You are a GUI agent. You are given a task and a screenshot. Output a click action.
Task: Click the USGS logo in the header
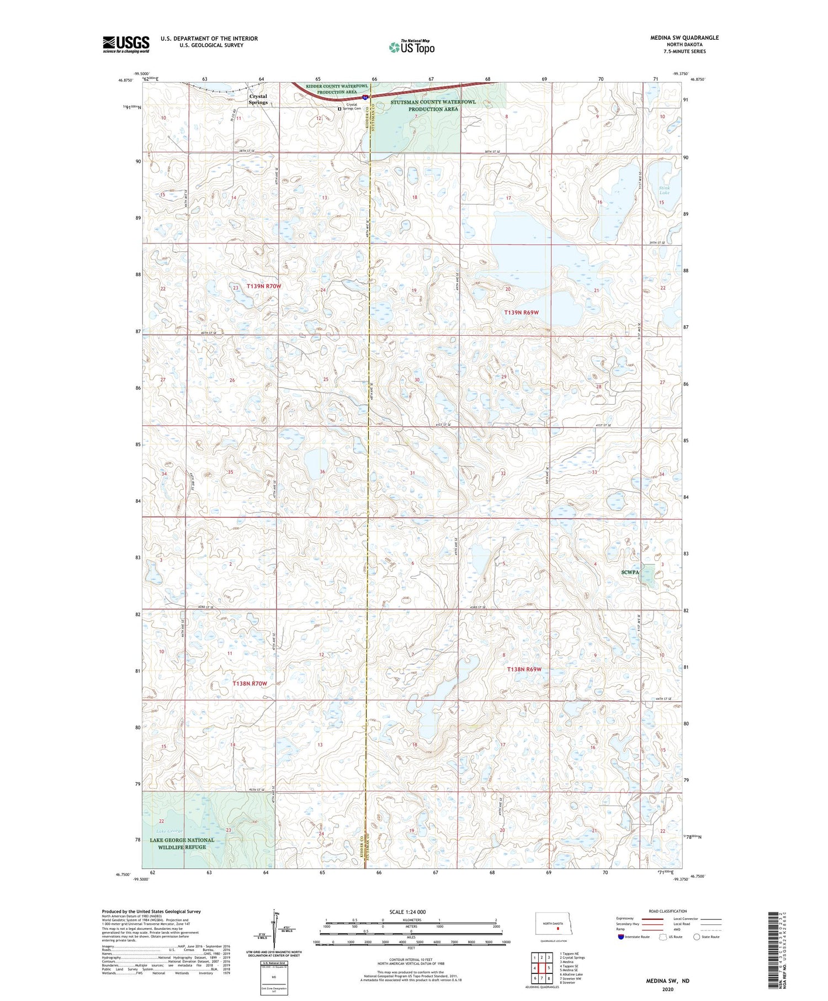126,44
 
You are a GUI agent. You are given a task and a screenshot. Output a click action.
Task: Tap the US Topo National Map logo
411,47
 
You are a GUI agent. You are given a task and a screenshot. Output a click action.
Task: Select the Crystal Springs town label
258,99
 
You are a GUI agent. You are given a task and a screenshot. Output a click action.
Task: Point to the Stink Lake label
664,190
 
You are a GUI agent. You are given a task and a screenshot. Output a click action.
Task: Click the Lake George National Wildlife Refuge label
182,843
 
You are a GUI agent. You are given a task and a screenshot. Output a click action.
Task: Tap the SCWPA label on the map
630,573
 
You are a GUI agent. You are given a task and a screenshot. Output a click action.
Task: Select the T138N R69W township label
524,669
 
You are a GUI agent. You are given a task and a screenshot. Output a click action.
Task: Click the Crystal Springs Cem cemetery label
352,107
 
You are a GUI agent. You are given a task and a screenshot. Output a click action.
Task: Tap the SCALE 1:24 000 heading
407,912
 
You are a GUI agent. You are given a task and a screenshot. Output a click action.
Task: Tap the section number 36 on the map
322,472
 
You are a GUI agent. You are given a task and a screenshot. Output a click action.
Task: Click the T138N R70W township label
250,684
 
